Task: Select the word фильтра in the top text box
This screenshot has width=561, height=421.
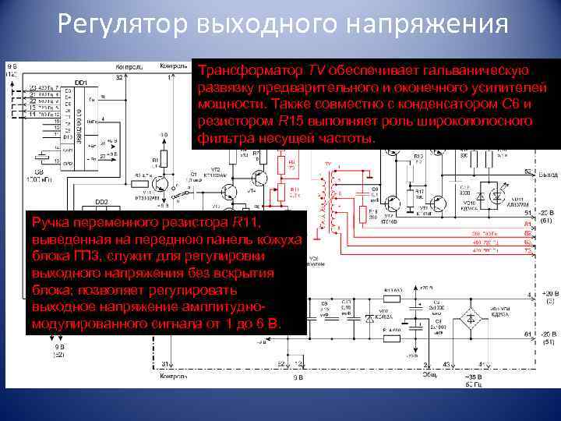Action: point(221,138)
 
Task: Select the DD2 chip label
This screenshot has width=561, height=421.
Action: point(101,201)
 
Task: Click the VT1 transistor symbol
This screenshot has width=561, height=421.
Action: point(161,184)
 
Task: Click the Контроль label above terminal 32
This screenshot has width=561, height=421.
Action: point(126,65)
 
